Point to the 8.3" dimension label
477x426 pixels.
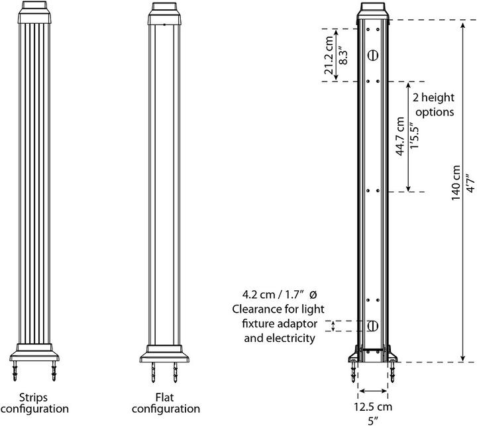[342, 54]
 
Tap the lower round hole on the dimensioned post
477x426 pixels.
[373, 325]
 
